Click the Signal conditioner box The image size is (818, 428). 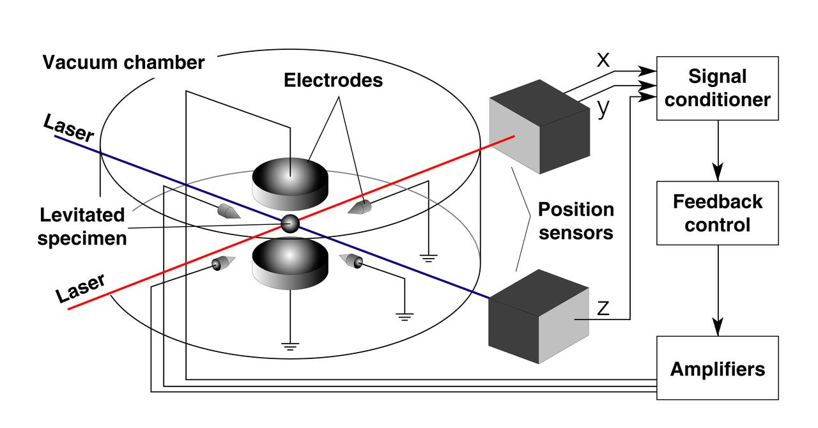click(x=717, y=88)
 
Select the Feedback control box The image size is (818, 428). click(x=717, y=213)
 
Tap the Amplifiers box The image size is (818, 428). click(x=717, y=368)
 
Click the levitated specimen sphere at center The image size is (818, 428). click(x=290, y=223)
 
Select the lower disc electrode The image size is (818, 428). click(x=290, y=263)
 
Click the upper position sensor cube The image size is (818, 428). click(x=538, y=126)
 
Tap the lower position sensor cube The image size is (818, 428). click(x=538, y=316)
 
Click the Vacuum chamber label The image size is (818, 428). click(x=123, y=63)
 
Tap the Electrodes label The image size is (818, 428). click(x=333, y=80)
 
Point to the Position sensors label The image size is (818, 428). click(x=575, y=220)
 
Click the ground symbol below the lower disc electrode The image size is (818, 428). click(x=290, y=346)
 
